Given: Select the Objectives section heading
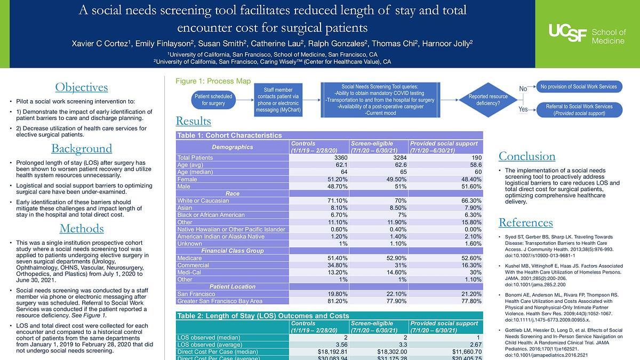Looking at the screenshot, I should [x=82, y=87].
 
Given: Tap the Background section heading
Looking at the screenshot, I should [x=82, y=148].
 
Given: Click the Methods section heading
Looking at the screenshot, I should [x=82, y=229].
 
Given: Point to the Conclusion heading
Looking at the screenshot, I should [x=526, y=156].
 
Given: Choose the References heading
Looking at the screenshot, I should [x=525, y=222].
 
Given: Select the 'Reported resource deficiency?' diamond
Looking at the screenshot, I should [x=484, y=100].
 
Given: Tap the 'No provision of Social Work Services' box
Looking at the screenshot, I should [x=578, y=86].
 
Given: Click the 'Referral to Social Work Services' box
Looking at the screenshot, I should [x=578, y=110].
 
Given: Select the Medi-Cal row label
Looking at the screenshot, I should [x=189, y=271].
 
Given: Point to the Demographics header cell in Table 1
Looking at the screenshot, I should [x=233, y=147].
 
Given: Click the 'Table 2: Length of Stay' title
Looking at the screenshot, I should [x=263, y=316].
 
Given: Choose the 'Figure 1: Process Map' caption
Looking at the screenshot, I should [x=213, y=82].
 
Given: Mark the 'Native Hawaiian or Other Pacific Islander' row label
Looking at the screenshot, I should [x=231, y=229].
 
